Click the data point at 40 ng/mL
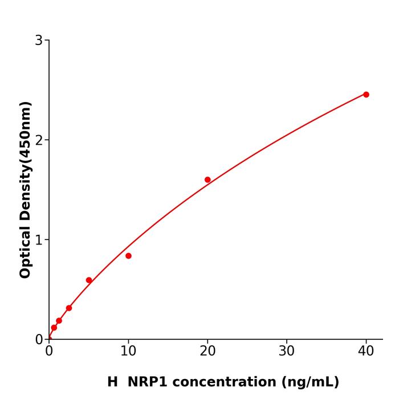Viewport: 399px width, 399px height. [x=366, y=95]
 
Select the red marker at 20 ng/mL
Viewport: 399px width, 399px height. [x=207, y=180]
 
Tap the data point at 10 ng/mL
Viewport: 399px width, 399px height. [x=128, y=256]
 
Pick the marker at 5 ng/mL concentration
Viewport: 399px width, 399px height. [x=89, y=280]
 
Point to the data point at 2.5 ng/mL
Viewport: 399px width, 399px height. [x=69, y=308]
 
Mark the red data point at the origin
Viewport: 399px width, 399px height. [x=49, y=339]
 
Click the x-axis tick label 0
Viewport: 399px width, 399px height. [x=49, y=352]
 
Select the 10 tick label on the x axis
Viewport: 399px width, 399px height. [x=128, y=352]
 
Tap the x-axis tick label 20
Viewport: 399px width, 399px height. [x=207, y=352]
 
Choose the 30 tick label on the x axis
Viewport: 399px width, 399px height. [x=287, y=352]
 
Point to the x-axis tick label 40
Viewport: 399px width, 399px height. [x=366, y=352]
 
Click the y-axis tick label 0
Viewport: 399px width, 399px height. [x=39, y=340]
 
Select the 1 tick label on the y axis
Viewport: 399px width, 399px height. [x=39, y=240]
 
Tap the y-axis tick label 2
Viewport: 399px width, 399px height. [x=39, y=140]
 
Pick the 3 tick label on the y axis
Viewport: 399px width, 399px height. [x=39, y=40]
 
